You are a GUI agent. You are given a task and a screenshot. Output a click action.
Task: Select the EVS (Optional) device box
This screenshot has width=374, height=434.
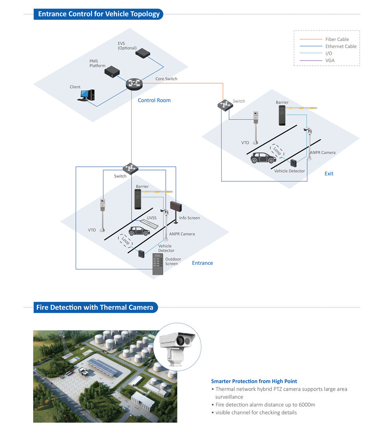click(142, 52)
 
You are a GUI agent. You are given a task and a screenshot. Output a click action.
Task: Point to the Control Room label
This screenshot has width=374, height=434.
click(154, 100)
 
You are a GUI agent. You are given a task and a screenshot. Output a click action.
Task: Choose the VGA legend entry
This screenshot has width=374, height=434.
click(330, 61)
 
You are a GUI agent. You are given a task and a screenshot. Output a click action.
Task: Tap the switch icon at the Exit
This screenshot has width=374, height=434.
click(224, 105)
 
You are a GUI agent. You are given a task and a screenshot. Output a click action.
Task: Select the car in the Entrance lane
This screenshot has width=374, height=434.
click(139, 231)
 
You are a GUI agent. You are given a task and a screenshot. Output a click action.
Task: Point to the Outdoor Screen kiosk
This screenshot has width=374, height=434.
click(159, 264)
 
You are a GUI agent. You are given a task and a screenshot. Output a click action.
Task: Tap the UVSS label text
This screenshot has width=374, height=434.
click(152, 218)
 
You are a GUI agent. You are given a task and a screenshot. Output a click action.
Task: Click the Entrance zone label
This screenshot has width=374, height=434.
click(202, 263)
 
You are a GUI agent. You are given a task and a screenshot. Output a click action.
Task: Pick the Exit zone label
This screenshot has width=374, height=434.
click(329, 174)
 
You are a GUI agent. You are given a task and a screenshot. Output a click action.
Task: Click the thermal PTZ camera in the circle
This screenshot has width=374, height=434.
click(177, 346)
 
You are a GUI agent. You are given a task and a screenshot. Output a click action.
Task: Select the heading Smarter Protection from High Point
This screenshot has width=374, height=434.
click(254, 381)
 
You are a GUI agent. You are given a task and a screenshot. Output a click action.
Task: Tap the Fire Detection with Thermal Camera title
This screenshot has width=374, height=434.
click(94, 307)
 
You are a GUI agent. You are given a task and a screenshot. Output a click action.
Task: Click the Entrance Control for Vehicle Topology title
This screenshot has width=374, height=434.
click(99, 14)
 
